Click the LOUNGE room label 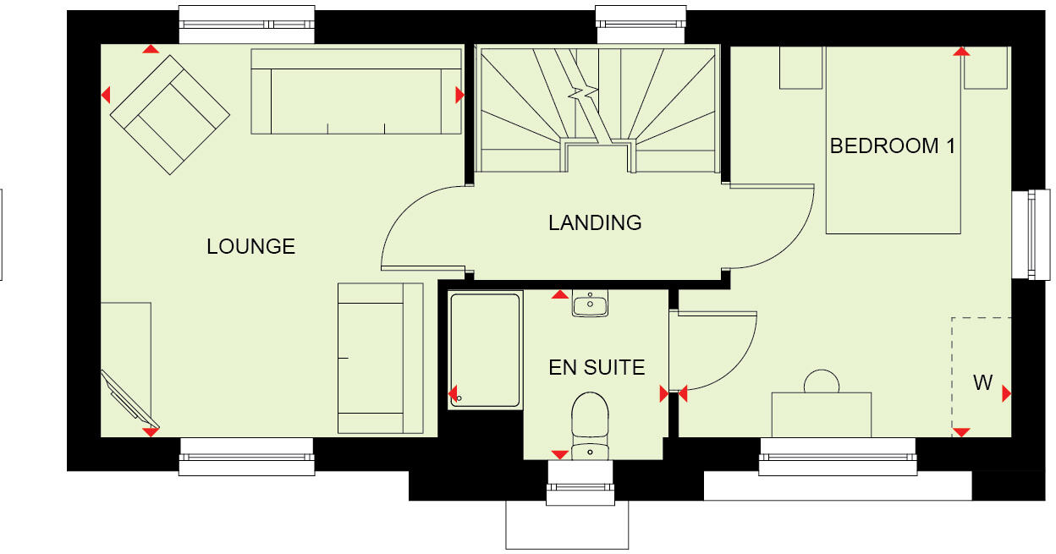coord(250,246)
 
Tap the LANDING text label coord(595,223)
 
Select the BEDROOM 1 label coord(893,146)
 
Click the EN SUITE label coord(597,368)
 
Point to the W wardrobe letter coord(982,383)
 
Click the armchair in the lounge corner coord(170,115)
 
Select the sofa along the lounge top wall coord(356,91)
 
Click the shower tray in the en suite coord(485,349)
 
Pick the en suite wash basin coord(590,304)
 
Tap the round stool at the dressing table coord(821,381)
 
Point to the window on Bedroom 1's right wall coord(1025,234)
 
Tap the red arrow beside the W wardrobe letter coord(1006,393)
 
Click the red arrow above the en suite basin coord(559,294)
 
